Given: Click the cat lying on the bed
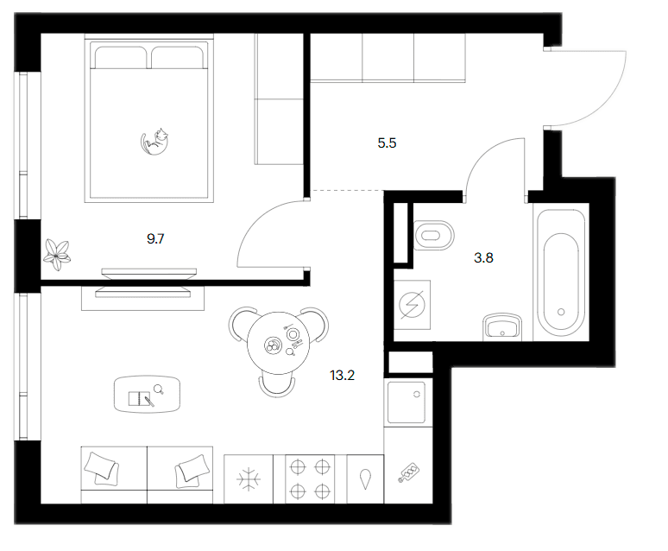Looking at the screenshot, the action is [154, 142].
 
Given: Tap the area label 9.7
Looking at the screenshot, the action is [155, 239].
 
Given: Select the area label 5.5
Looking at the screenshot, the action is [387, 142].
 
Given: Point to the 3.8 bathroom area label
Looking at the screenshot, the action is [483, 257].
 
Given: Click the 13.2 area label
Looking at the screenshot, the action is [342, 376].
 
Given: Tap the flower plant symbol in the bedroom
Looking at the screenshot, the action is [57, 255].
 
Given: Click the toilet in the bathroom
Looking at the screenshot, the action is [434, 235].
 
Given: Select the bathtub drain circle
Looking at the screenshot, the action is [561, 312].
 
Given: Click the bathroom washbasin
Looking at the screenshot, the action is [502, 327].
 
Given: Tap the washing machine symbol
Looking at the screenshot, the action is [412, 305].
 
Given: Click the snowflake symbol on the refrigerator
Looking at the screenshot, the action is [249, 479].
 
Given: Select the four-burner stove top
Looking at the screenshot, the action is [310, 479].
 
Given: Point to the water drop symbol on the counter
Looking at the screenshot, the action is [365, 479].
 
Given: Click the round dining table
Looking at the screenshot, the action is [278, 343].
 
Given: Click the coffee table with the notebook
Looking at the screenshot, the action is [147, 394].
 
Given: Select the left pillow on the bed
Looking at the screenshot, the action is [121, 57].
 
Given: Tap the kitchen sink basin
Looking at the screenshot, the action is [406, 402].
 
